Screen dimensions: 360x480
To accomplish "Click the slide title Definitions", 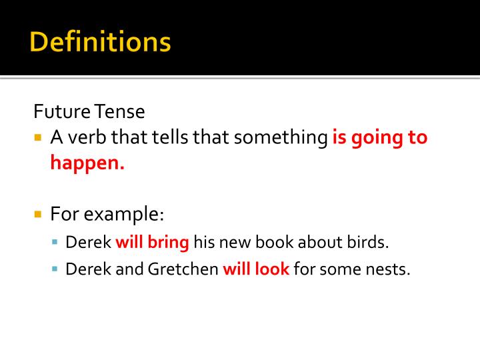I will pos(101,42).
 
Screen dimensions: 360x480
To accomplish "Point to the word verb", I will pos(86,138).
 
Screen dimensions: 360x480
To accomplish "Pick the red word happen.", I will pos(87,163).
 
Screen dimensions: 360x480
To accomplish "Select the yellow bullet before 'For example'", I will pos(38,215).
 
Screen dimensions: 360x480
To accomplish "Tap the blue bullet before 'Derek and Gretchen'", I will pos(56,270).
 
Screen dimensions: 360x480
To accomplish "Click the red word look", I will pos(273,269).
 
